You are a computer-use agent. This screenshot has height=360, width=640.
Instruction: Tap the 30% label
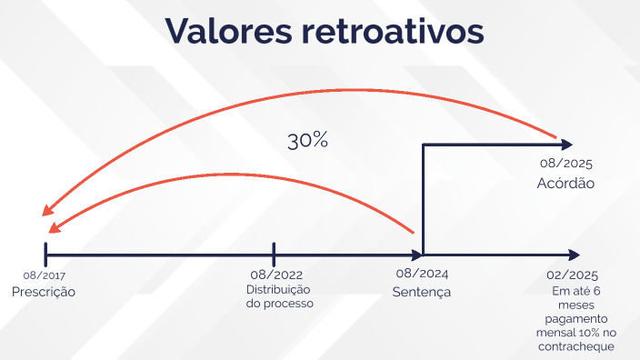click(x=307, y=141)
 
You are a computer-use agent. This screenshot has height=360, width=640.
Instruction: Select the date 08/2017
click(x=45, y=275)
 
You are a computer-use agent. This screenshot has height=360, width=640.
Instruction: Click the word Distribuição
click(x=278, y=290)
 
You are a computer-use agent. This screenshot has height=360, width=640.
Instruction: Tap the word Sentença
click(x=422, y=292)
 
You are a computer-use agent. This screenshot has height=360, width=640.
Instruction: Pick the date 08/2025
click(x=565, y=165)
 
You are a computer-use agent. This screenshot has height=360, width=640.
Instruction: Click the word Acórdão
click(x=565, y=183)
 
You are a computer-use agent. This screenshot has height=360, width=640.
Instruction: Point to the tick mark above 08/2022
click(x=274, y=254)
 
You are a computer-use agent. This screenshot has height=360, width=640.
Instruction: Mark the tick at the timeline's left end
click(x=45, y=254)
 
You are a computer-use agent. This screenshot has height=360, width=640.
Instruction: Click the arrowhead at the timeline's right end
click(x=574, y=254)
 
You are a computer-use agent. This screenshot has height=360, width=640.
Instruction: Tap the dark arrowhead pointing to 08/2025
click(x=567, y=144)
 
